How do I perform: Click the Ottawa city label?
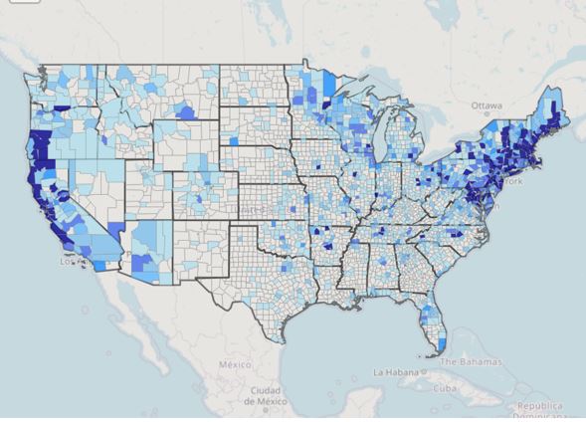click(487, 104)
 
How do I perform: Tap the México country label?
click(237, 364)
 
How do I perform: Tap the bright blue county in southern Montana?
click(185, 112)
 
